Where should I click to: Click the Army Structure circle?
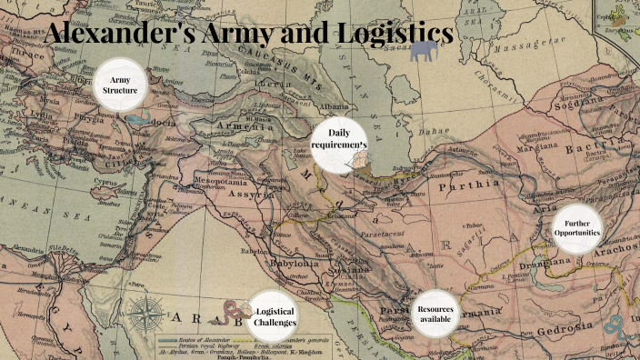pos(121,86)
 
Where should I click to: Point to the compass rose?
pos(145,315)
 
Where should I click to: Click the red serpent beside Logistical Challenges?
pos(232,315)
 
